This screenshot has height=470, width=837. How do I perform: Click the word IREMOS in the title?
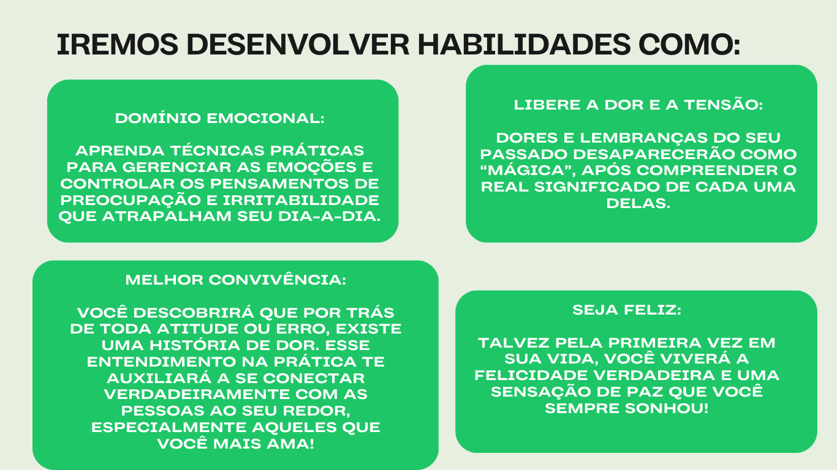[117, 45]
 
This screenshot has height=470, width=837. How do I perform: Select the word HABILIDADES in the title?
[525, 45]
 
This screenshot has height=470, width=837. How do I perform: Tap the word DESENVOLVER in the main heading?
[298, 45]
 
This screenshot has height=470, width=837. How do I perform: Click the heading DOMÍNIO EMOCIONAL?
[220, 118]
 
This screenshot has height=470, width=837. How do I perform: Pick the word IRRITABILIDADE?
[301, 200]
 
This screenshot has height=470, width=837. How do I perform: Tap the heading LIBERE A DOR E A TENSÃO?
[638, 105]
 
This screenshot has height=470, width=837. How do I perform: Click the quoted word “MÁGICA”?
[528, 171]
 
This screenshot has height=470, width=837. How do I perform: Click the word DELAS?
[638, 203]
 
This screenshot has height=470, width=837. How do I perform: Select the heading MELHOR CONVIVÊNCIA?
[236, 280]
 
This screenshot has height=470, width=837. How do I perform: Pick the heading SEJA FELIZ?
[627, 310]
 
